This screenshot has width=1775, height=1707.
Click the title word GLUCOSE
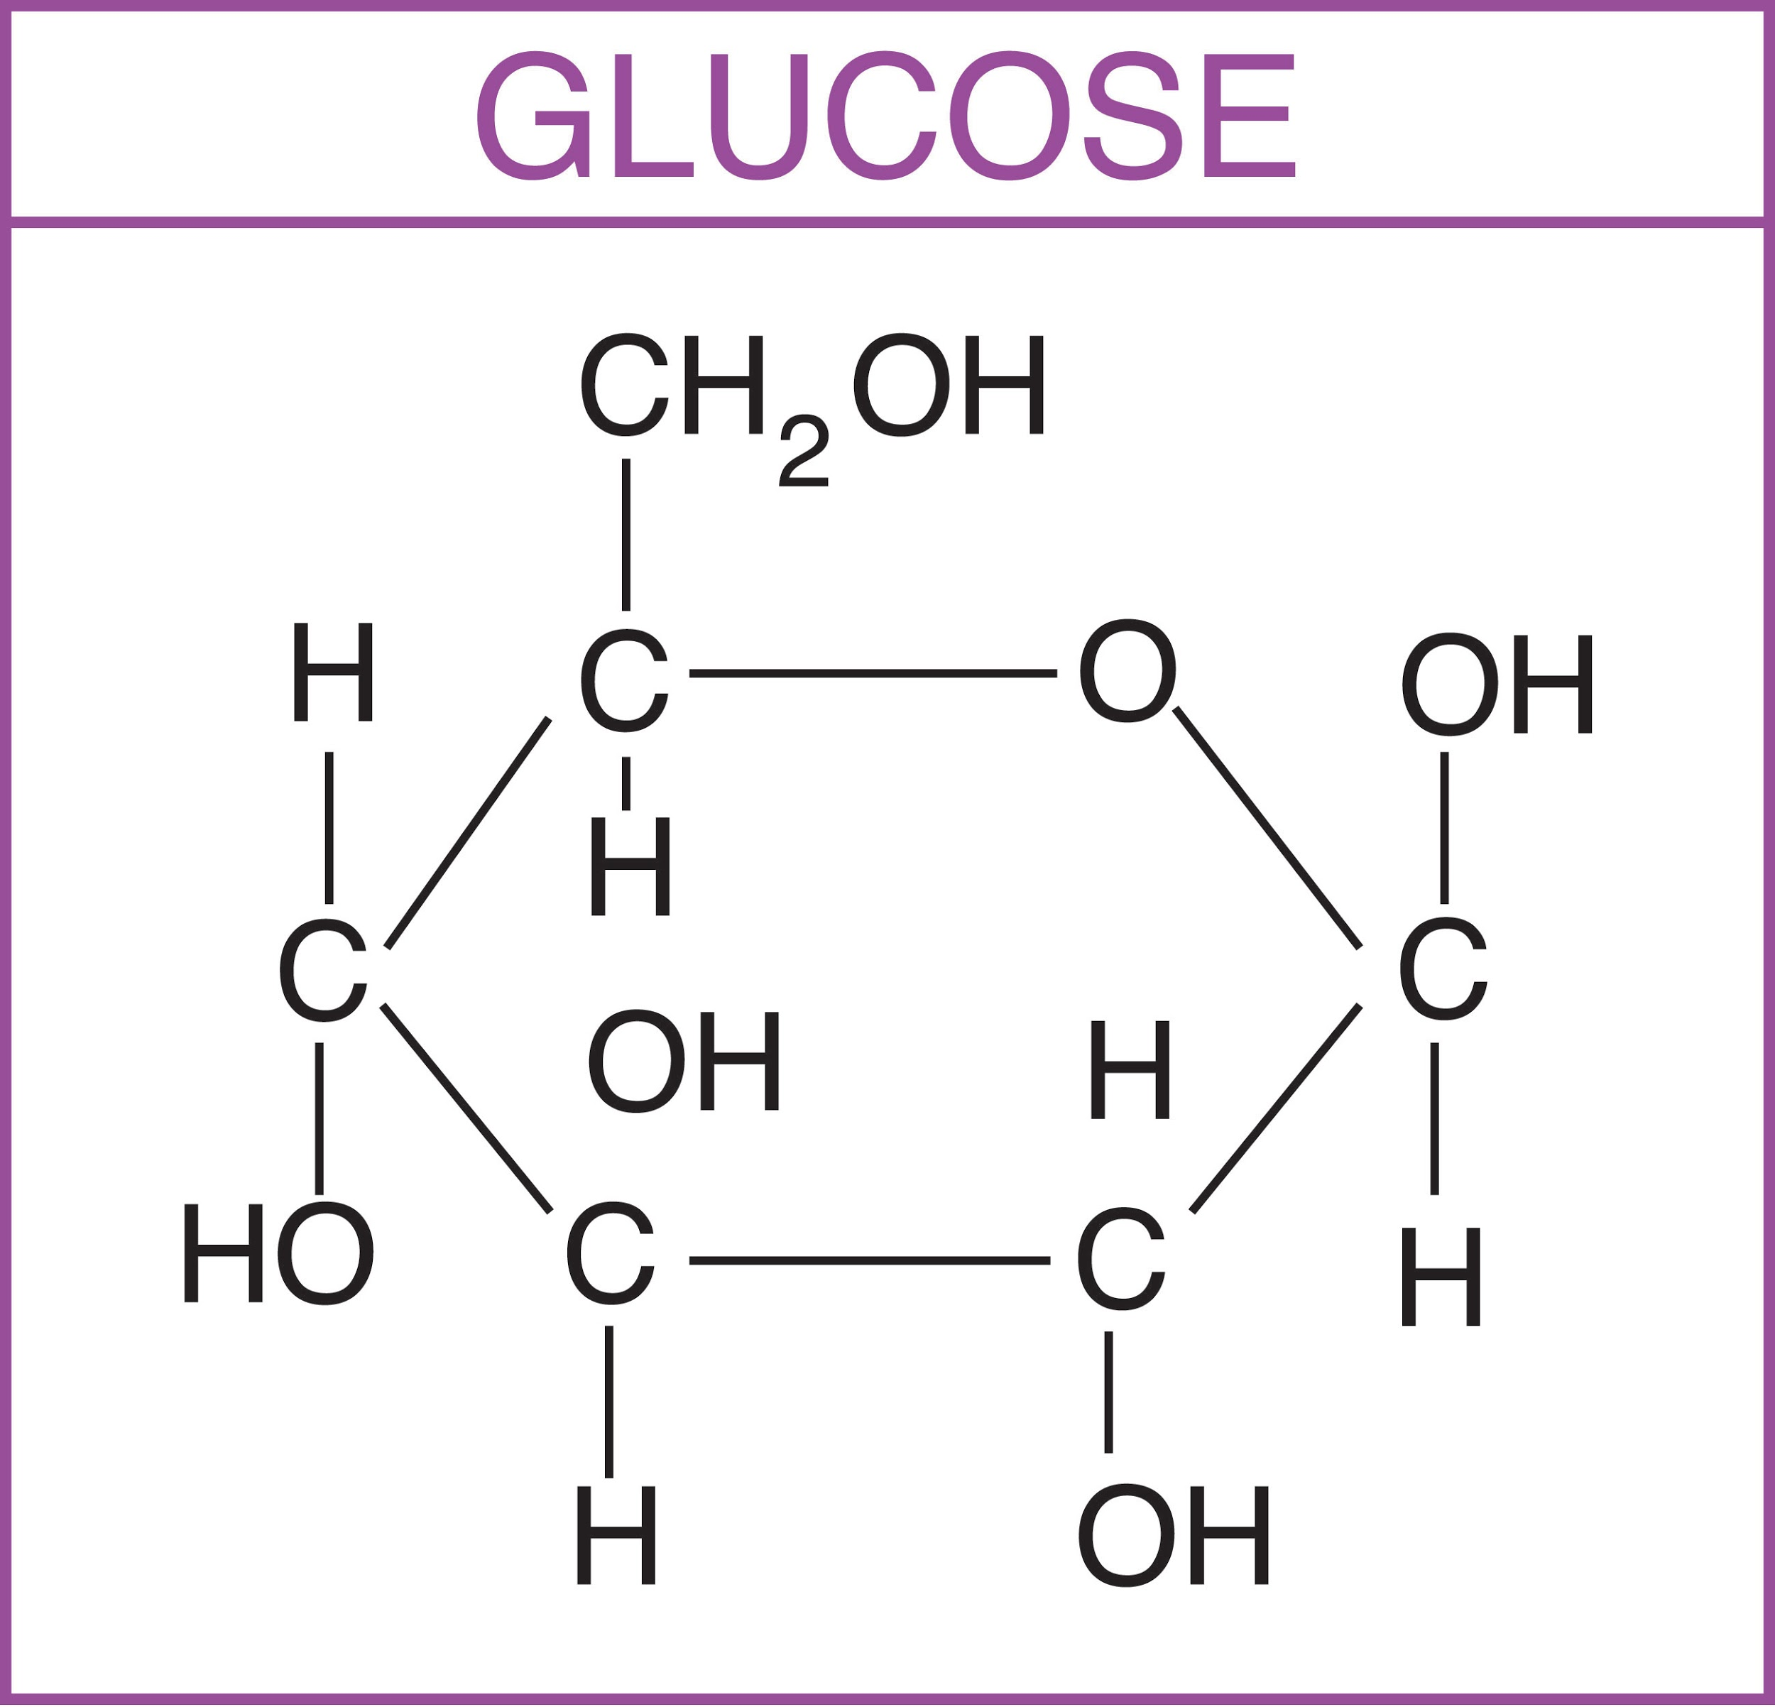pos(885,116)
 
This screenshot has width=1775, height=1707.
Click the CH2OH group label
pos(812,387)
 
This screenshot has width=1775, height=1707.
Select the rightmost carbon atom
pos(1443,969)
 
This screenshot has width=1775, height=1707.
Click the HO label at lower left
pos(278,1253)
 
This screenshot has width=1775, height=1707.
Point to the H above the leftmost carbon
pos(333,672)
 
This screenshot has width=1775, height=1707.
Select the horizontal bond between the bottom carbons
pos(868,1260)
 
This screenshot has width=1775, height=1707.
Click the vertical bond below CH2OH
pos(626,534)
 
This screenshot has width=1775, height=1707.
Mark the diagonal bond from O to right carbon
pos(1266,828)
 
